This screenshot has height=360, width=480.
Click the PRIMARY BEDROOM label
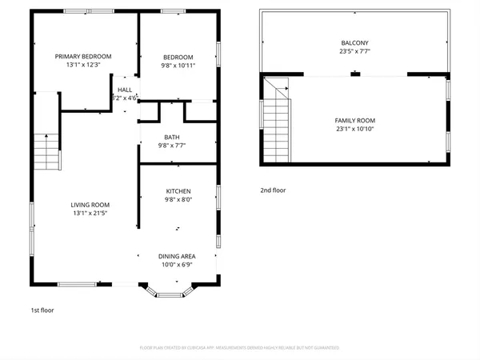click(83, 56)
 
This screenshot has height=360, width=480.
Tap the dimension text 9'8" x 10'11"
click(178, 66)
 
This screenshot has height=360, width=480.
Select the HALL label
click(126, 89)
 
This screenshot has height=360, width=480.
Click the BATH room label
click(172, 137)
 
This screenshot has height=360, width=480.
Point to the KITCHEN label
click(178, 191)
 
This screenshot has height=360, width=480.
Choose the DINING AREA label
click(177, 256)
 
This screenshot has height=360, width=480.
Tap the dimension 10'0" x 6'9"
click(177, 266)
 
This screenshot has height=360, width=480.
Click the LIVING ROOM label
click(90, 205)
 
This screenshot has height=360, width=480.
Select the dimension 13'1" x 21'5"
click(90, 214)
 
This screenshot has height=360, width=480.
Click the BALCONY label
click(354, 43)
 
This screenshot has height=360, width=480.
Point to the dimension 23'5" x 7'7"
click(354, 53)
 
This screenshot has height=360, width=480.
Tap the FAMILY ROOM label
click(354, 120)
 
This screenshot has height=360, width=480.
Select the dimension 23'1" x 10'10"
click(354, 130)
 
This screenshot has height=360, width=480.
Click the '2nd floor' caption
click(273, 190)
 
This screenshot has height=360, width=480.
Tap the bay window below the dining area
click(169, 292)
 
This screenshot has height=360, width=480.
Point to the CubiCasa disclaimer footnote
click(240, 348)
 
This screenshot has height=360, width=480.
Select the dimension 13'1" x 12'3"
click(83, 66)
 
